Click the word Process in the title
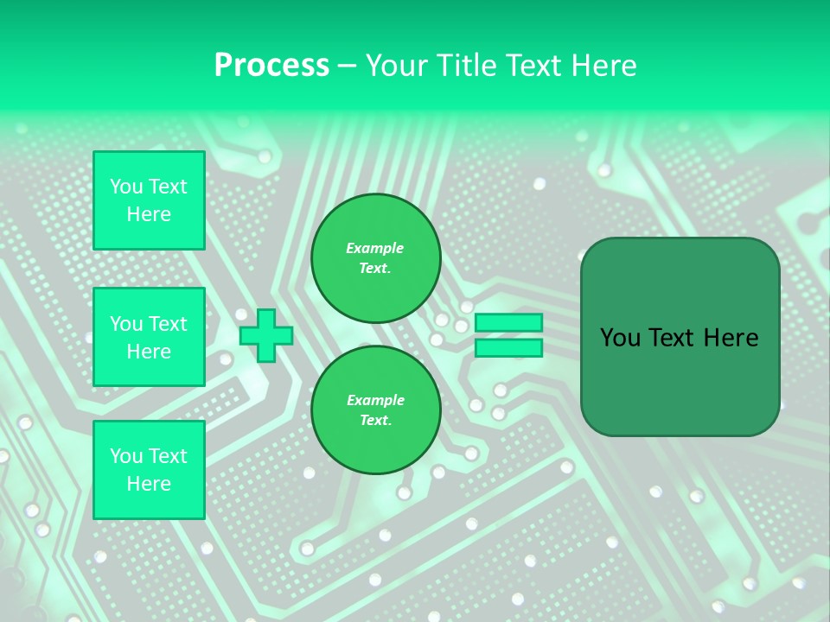click(271, 66)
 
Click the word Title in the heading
click(463, 66)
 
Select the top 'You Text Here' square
click(149, 200)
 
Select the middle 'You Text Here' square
click(149, 337)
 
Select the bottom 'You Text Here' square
click(149, 470)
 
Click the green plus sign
click(265, 335)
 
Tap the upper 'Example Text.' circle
click(375, 258)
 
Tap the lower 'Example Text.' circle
click(375, 410)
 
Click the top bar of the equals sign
click(508, 323)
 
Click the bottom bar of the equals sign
click(508, 348)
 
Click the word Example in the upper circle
click(375, 248)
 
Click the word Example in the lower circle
click(375, 400)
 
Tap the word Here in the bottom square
click(149, 484)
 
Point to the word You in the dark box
click(620, 338)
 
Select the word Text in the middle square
click(167, 324)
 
